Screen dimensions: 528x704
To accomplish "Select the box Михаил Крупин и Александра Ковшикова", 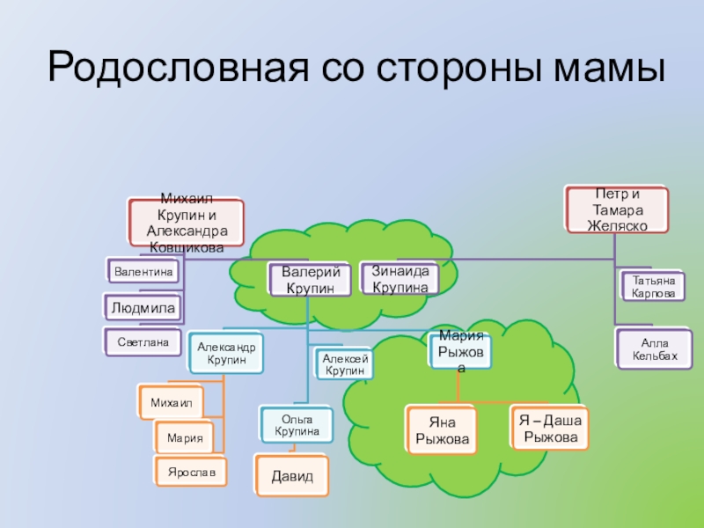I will pyautogui.click(x=186, y=224).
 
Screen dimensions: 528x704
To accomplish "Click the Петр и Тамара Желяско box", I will pyautogui.click(x=617, y=209).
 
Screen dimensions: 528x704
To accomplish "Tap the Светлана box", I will pyautogui.click(x=143, y=341).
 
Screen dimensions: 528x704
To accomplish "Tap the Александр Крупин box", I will pyautogui.click(x=227, y=354).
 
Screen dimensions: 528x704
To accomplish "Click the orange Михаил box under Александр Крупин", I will pyautogui.click(x=171, y=402).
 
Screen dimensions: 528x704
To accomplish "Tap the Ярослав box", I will pyautogui.click(x=191, y=473).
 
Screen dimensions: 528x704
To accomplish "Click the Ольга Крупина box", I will pyautogui.click(x=297, y=426).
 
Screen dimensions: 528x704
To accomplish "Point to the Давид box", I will pyautogui.click(x=290, y=475).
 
